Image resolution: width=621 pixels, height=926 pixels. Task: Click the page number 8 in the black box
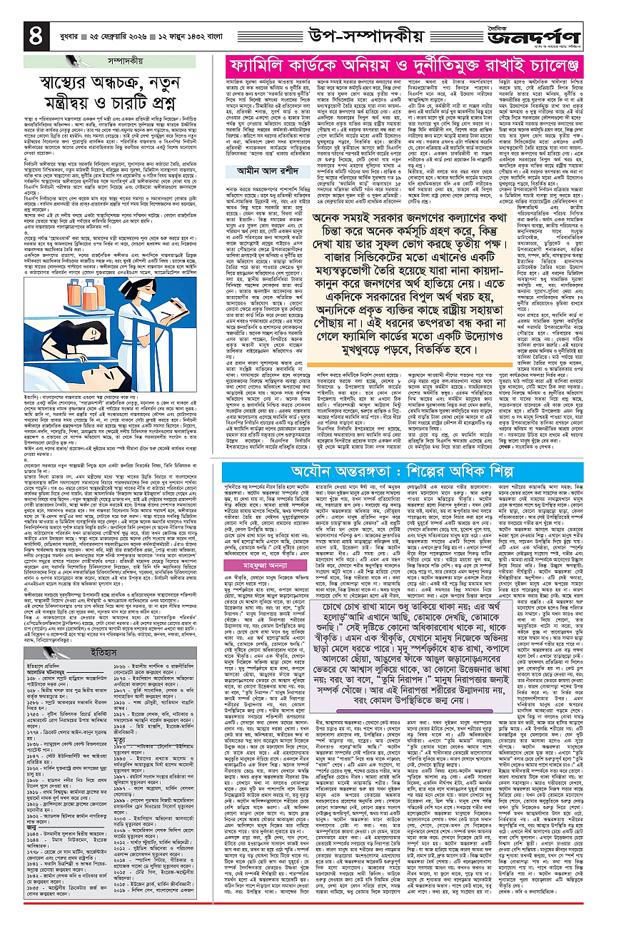[16, 31]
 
